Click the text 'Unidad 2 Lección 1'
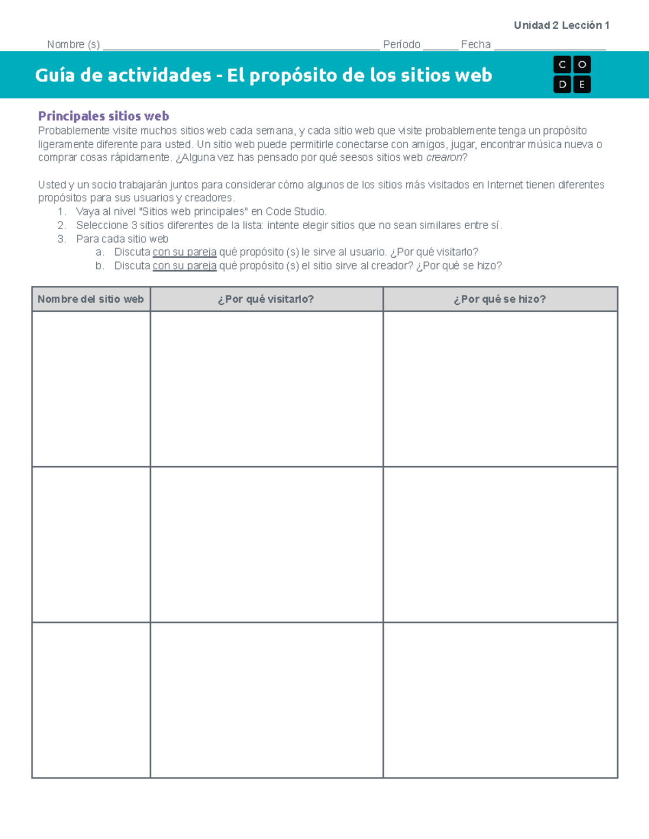(561, 25)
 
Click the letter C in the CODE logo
(562, 65)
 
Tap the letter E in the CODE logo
(582, 84)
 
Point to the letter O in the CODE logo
(582, 65)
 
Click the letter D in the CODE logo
(562, 84)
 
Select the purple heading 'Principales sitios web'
(103, 116)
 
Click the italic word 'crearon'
(444, 158)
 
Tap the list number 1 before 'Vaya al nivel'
(61, 212)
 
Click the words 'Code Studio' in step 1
(295, 212)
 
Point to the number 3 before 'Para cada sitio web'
(61, 239)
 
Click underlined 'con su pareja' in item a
(184, 252)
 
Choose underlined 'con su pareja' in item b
(184, 266)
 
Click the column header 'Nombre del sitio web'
(91, 299)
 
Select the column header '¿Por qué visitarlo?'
(266, 299)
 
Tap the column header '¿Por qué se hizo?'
(500, 299)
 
